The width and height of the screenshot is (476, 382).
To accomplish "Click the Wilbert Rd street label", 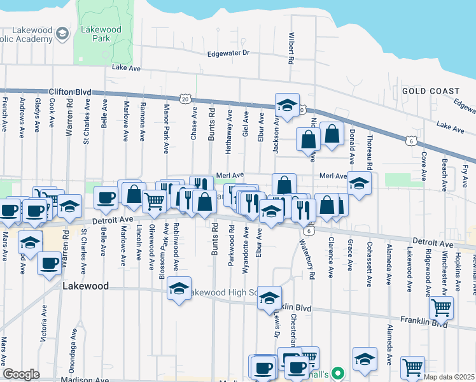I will coord(291,48).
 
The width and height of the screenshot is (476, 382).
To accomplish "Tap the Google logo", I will coord(21,374).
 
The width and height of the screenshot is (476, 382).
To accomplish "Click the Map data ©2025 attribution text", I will coord(449,377).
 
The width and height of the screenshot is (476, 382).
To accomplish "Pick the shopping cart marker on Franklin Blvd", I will coord(440,308).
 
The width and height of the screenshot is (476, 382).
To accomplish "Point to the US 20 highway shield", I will coord(185,99).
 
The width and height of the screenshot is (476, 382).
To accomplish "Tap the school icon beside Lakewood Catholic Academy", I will coord(62,32).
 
